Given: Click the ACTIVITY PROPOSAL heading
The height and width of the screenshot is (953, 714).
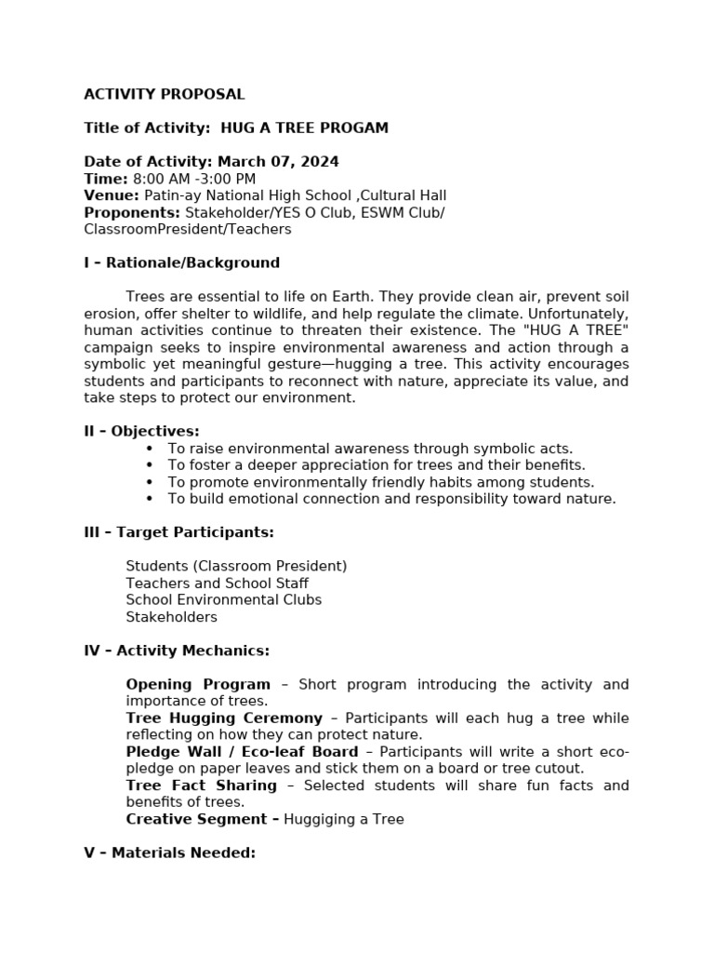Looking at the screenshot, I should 164,94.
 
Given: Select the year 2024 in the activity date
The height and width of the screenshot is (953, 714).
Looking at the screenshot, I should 320,162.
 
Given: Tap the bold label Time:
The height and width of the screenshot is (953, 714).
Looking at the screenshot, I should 105,179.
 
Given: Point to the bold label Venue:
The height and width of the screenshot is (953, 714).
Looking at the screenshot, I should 112,195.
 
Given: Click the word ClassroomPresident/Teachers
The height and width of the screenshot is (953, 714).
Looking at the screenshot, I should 187,229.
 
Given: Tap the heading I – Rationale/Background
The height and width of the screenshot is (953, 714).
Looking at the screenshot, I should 181,262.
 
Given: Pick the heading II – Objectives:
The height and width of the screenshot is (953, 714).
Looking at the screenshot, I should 141,431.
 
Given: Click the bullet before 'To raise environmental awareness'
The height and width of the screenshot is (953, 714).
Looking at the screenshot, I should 150,449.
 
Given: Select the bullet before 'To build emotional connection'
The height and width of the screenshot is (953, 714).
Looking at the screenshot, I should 150,499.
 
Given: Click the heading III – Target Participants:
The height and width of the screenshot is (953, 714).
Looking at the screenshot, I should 178,532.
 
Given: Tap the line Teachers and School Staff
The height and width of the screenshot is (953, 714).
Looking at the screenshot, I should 217,583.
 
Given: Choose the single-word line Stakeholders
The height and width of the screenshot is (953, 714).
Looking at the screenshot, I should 171,616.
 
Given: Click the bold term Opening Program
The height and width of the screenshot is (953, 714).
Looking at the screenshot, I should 198,684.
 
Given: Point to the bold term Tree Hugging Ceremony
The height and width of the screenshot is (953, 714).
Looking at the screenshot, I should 224,718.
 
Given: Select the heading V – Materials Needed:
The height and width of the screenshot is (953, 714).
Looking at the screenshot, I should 169,852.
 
